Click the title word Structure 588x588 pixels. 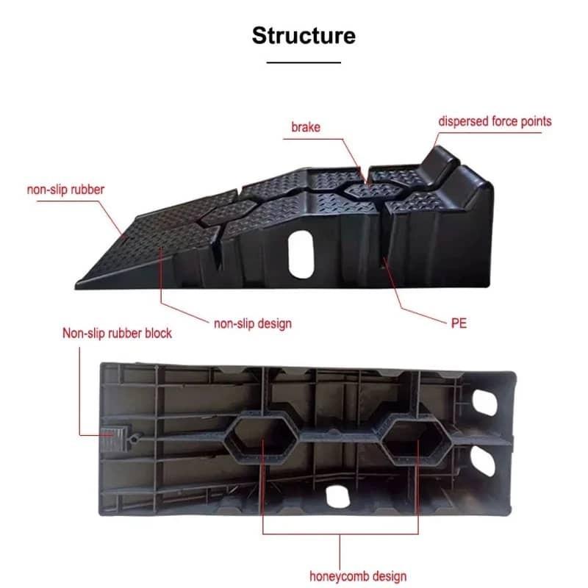click(x=304, y=35)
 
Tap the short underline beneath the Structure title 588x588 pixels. click(x=304, y=62)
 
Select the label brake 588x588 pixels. click(x=306, y=127)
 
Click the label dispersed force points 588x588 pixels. click(x=495, y=121)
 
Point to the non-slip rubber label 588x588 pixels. click(x=65, y=190)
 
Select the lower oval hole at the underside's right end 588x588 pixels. click(x=486, y=462)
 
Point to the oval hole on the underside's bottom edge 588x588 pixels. click(x=337, y=495)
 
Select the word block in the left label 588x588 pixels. click(x=157, y=333)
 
